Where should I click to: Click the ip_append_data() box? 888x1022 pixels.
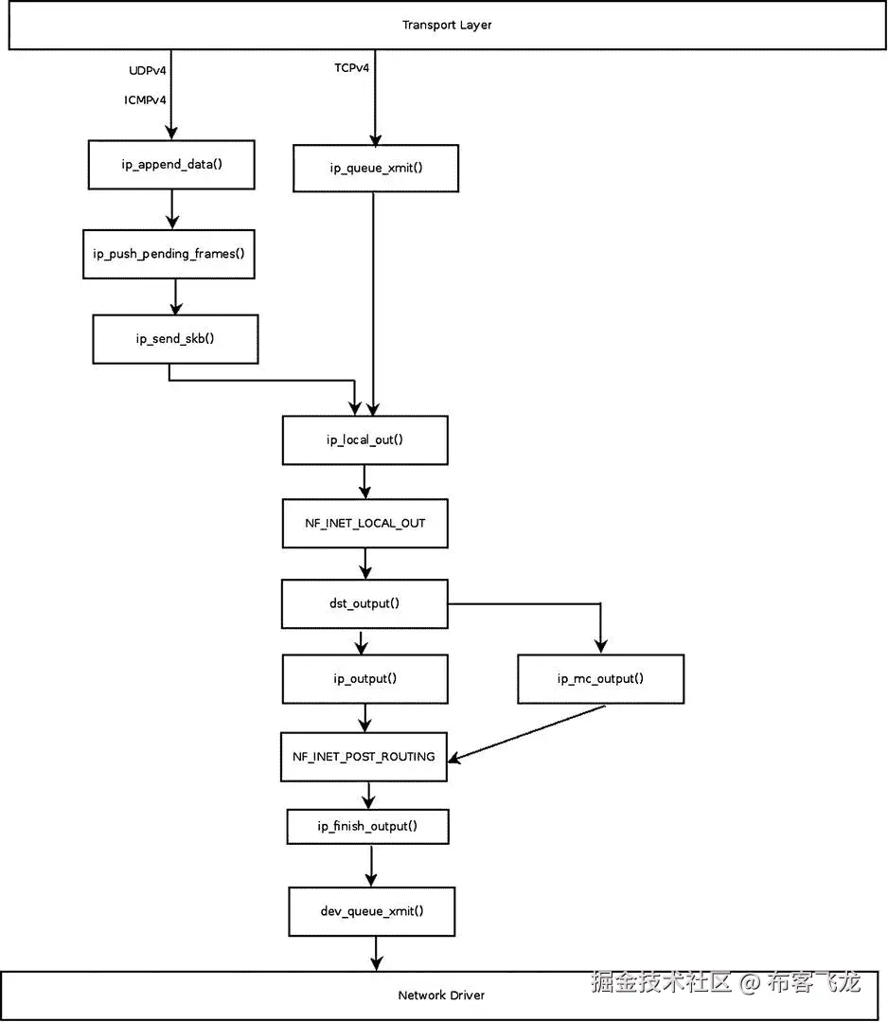pos(171,164)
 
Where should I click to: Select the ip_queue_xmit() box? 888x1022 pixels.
pos(375,168)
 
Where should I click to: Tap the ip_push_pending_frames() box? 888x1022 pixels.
pos(169,254)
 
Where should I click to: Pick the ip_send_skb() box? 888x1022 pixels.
pos(175,339)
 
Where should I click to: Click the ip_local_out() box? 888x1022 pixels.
pos(364,440)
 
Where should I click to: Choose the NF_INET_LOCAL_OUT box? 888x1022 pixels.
pos(364,523)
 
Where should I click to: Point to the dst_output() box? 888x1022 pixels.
pos(364,603)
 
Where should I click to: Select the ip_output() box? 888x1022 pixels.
pos(364,678)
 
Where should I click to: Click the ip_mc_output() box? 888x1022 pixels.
pos(600,678)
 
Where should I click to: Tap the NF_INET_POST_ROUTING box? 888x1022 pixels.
pos(364,756)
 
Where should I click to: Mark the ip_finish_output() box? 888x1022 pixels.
pos(367,826)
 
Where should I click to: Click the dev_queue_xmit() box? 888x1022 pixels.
pos(372,911)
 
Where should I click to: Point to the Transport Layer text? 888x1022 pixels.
pos(447,25)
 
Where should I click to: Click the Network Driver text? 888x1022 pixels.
pos(441,995)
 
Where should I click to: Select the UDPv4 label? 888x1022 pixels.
pos(148,70)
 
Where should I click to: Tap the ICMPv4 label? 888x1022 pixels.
pos(146,99)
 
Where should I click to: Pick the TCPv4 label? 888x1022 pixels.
pos(351,68)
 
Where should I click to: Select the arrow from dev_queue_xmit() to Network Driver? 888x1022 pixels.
pos(376,952)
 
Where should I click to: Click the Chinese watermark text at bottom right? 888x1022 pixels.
pos(725,981)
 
